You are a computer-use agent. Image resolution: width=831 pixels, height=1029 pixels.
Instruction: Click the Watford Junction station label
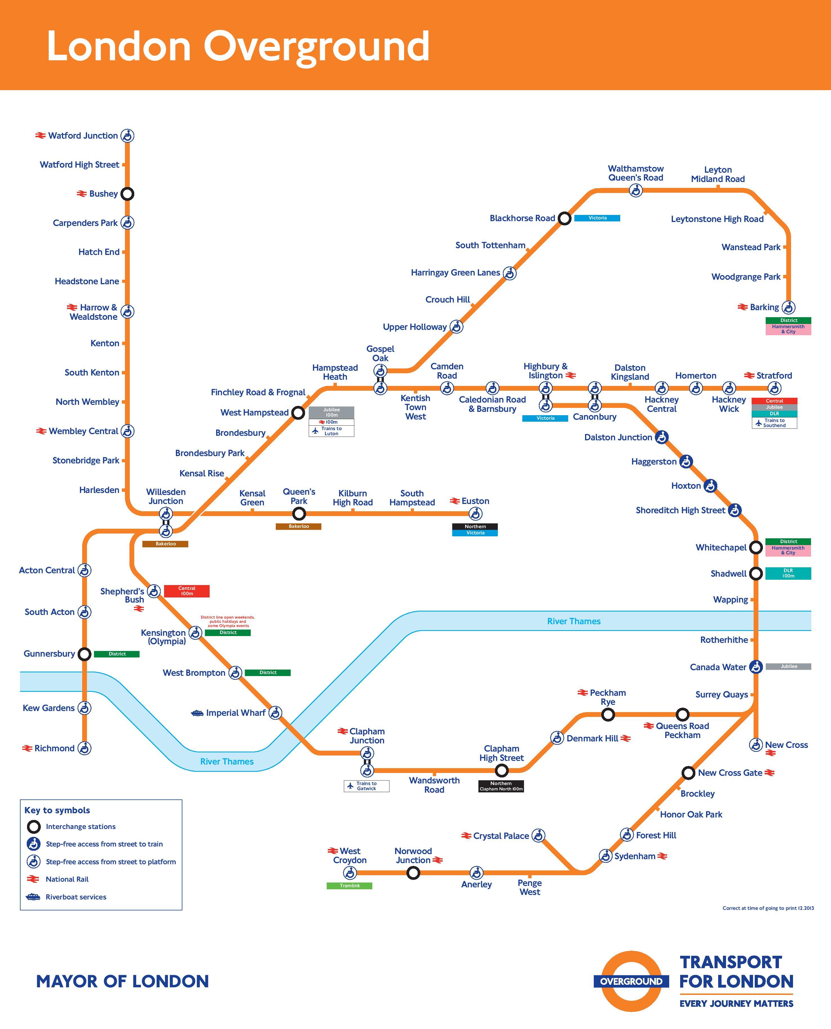[x=83, y=135]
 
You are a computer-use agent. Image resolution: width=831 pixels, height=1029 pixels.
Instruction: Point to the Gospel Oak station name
[x=380, y=354]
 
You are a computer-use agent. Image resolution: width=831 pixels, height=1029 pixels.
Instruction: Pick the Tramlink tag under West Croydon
[x=350, y=886]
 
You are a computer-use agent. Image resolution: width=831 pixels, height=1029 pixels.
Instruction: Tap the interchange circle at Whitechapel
[x=755, y=547]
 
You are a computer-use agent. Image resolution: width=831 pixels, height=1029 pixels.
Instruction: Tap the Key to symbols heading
[x=57, y=810]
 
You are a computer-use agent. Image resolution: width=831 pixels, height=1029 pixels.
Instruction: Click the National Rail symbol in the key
[x=33, y=879]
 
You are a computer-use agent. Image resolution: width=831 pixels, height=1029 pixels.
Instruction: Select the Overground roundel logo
[x=631, y=982]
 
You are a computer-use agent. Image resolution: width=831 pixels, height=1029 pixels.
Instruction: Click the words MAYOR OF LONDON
[x=122, y=982]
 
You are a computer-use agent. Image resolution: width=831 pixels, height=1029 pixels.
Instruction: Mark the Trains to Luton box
[x=331, y=431]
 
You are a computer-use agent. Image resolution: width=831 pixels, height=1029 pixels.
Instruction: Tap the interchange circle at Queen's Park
[x=299, y=514]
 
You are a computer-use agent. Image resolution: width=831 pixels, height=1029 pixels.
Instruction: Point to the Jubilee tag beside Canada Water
[x=789, y=666]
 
